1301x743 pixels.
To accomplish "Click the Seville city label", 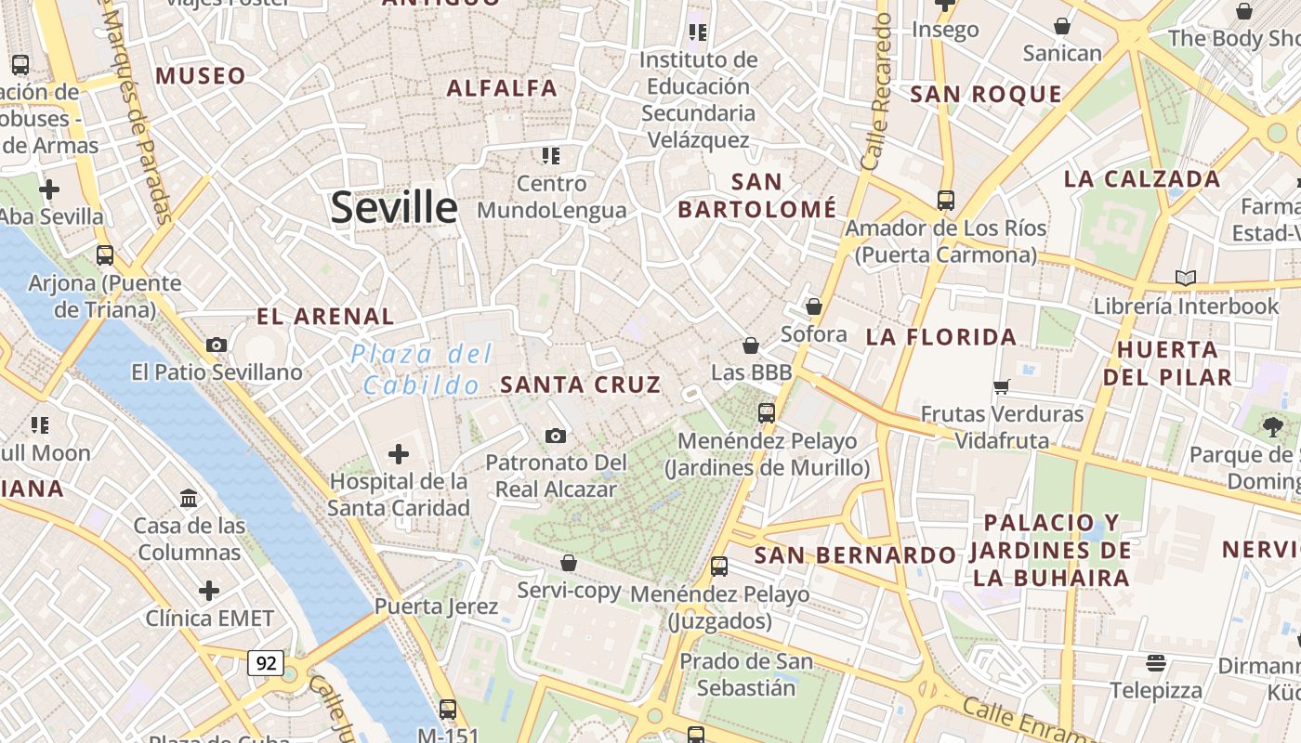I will (394, 207).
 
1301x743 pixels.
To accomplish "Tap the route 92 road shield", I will (266, 662).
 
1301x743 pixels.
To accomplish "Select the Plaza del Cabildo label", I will (422, 369).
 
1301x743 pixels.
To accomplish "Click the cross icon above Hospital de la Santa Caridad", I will (399, 454).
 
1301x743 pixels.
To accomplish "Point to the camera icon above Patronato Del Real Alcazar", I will (556, 436).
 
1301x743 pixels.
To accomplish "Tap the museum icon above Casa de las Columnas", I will (190, 498).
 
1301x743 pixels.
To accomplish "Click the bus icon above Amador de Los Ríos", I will (945, 200).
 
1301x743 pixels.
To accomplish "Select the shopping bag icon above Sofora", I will (814, 306).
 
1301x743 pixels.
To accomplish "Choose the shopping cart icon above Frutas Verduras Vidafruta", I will (1002, 386).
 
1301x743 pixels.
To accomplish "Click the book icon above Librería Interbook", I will (1186, 278).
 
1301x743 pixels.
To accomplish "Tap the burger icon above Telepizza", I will (1156, 662).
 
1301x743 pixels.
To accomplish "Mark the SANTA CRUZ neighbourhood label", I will (581, 385).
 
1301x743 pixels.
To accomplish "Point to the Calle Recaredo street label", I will (876, 98).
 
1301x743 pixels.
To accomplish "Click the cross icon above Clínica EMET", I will (209, 591).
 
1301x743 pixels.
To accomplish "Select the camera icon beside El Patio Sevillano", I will (217, 345).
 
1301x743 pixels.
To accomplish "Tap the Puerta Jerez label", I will (436, 606).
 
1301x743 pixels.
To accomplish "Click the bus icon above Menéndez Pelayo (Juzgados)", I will (718, 566).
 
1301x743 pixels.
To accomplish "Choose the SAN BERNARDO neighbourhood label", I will (854, 555).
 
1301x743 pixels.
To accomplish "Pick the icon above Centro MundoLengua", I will (551, 155).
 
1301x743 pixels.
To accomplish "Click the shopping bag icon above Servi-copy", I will (569, 563).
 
